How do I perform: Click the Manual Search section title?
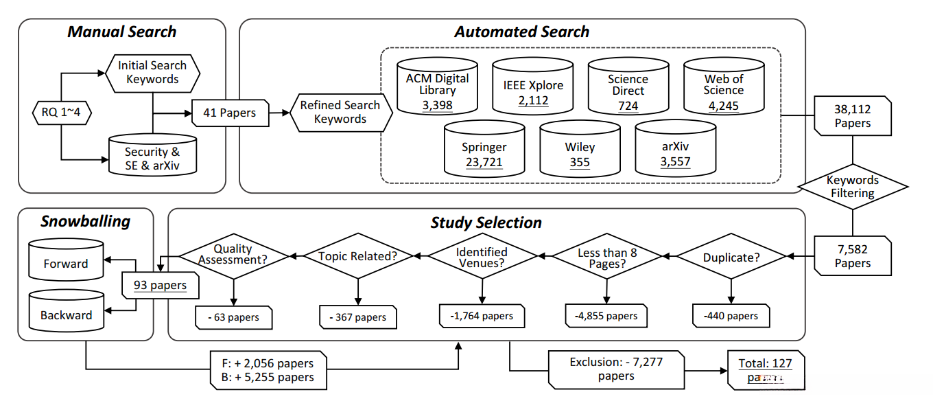pos(121,32)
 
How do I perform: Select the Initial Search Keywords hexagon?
pos(152,73)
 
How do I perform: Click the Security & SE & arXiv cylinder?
pos(152,157)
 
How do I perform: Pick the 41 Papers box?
pos(229,112)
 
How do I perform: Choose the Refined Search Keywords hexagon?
pos(340,112)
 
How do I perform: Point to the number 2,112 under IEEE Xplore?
pos(533,101)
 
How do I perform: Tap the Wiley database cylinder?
pos(580,152)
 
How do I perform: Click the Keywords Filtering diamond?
pos(852,187)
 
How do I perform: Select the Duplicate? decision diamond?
pos(731,257)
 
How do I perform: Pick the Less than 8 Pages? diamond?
pos(607,257)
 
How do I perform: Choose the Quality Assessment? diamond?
pos(233,255)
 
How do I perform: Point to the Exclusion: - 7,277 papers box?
pos(616,369)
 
